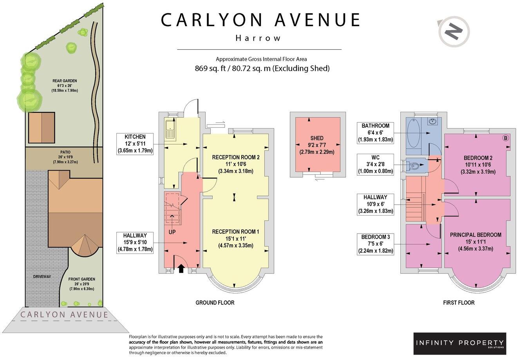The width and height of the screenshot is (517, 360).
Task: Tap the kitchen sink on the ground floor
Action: coord(171,130)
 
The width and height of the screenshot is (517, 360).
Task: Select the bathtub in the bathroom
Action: coord(413,133)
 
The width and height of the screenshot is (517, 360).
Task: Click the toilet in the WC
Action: coord(414,165)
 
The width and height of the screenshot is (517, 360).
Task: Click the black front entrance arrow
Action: coord(181,268)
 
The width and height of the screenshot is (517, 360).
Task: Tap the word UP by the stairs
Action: coord(172,232)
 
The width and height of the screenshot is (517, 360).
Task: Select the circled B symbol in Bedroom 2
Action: coord(505,138)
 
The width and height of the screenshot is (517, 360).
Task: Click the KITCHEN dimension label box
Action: coord(135,144)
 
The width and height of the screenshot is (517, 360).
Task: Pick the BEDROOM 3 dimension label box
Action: coord(376,244)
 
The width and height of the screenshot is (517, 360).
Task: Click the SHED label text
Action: coord(317,138)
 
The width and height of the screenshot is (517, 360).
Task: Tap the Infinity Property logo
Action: coord(459,344)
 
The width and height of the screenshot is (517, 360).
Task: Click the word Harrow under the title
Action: coord(258,38)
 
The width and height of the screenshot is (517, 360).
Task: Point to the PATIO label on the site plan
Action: coord(65,152)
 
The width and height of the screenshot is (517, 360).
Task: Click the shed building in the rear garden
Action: coord(41,128)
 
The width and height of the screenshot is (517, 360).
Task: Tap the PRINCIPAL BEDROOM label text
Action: coord(475,235)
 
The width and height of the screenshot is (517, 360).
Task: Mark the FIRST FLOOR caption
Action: coord(458,302)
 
